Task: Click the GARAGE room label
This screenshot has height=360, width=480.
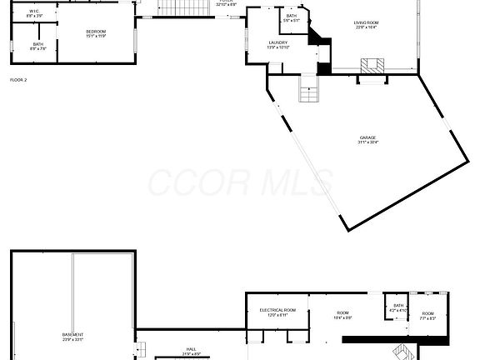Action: pos(368,137)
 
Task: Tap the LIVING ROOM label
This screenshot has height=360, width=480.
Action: pos(366,23)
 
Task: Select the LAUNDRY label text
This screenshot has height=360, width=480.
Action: pos(277,42)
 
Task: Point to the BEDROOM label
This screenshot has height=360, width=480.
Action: pos(97,31)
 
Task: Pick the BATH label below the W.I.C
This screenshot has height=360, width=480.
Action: pos(38,44)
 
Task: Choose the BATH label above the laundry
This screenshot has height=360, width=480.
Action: pos(291,16)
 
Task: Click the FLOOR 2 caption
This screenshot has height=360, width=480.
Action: pos(18,80)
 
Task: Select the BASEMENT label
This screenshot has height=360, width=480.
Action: pos(72,335)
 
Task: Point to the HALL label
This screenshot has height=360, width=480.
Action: pos(191,349)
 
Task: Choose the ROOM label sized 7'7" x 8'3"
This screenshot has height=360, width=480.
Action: pos(427,313)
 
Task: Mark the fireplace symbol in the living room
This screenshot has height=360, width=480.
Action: pos(372,66)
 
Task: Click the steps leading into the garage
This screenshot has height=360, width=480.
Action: pos(309,88)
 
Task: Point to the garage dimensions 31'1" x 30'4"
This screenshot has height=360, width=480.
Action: pos(368,142)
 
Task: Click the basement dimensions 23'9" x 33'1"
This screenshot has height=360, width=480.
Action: pos(72,340)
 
